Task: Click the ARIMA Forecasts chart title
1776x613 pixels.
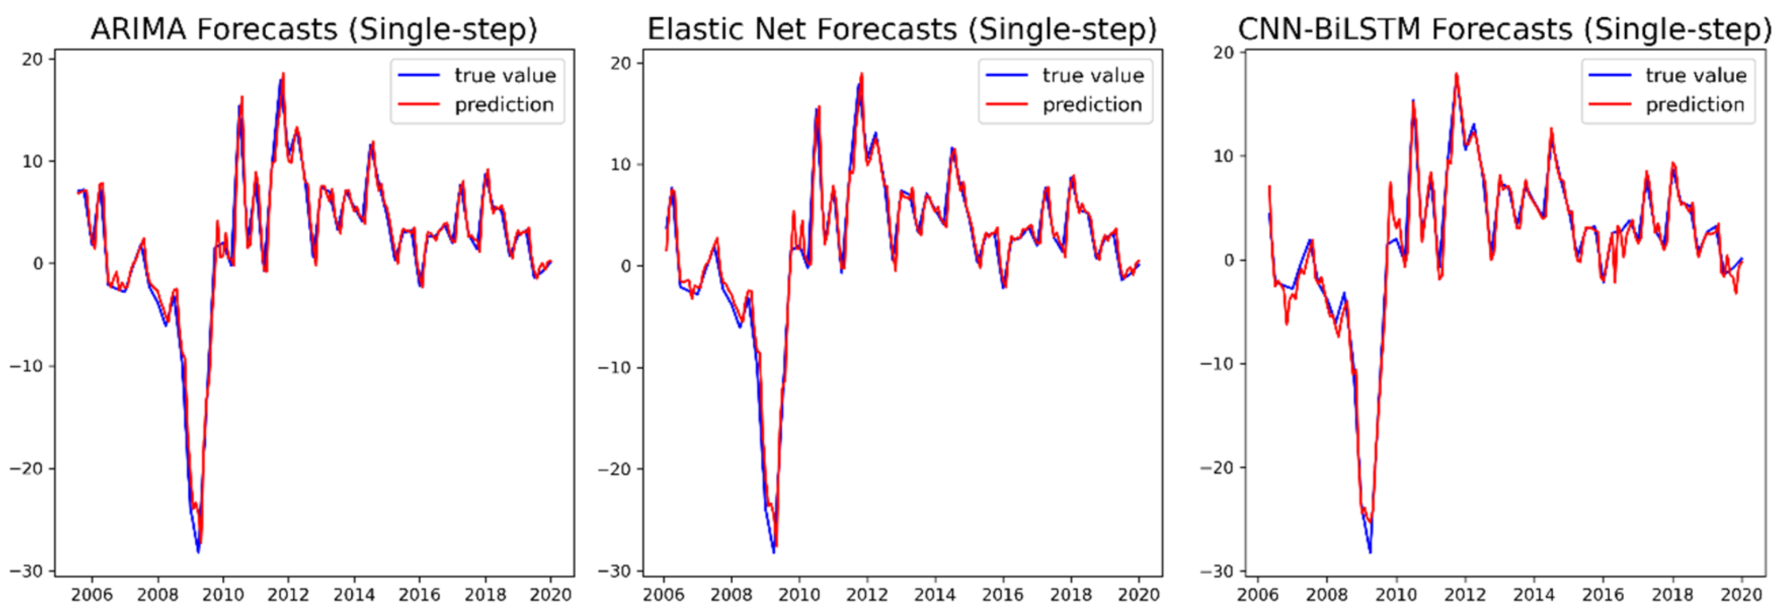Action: (x=314, y=30)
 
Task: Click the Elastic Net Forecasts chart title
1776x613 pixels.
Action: (x=902, y=30)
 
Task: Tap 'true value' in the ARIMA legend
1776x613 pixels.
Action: (x=505, y=75)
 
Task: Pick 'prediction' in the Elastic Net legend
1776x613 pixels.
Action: (x=1092, y=105)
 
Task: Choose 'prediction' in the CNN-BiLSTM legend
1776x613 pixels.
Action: (x=1695, y=105)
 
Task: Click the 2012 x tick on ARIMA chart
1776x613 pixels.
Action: (x=288, y=594)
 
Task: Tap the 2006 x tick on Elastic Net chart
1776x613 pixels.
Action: (x=663, y=594)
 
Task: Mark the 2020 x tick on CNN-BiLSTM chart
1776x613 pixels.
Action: (x=1742, y=594)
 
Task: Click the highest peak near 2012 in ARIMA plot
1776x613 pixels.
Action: (x=282, y=74)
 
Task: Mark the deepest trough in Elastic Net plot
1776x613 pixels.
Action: (x=774, y=552)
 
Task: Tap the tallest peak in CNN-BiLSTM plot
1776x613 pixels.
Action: (x=1456, y=74)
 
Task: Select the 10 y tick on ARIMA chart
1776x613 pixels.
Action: (x=32, y=161)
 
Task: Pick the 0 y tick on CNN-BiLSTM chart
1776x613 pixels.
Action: (x=1229, y=260)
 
